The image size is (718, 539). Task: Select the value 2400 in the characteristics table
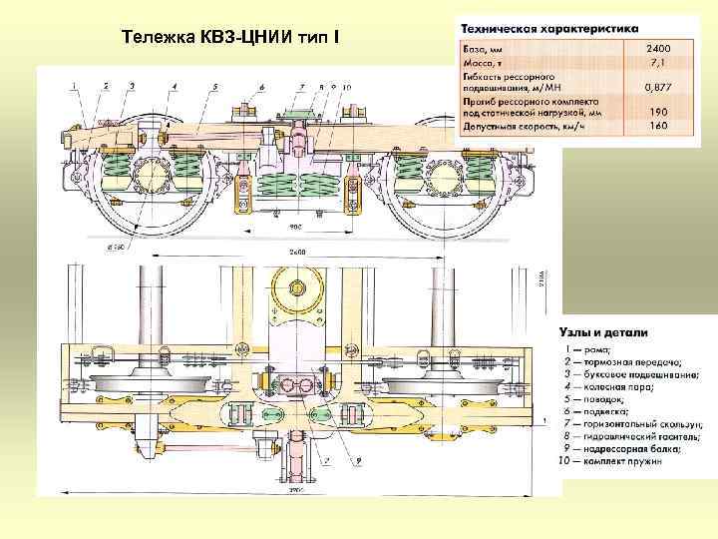658,47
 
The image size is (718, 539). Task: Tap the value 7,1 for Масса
658,61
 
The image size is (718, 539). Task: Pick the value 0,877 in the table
655,87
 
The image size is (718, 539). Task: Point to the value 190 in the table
658,113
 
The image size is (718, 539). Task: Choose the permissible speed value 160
658,126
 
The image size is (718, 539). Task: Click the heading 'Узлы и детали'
602,332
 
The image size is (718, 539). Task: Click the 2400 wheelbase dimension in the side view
297,251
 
